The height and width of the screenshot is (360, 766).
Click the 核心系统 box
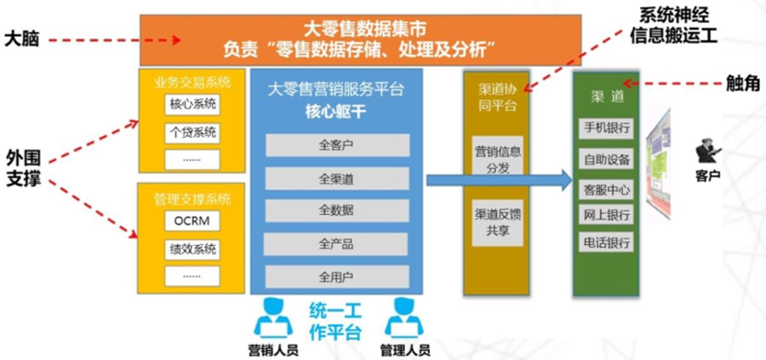tap(192, 105)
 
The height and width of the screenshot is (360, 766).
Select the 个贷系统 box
tap(192, 132)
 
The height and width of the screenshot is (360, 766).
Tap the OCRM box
tap(192, 221)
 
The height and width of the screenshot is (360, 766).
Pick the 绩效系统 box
tap(192, 249)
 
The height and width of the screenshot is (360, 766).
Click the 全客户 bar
tap(336, 145)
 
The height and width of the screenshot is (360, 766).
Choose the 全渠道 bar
tap(336, 178)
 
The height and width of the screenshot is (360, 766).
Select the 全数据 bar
tap(336, 210)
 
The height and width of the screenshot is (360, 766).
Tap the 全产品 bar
tap(336, 243)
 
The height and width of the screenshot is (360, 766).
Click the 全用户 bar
tap(336, 276)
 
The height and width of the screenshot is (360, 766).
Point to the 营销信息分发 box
tap(498, 158)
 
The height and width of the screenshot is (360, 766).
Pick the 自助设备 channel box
tap(606, 159)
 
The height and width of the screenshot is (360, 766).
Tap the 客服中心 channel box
tap(606, 190)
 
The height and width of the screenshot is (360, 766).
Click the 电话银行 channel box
tap(606, 243)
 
